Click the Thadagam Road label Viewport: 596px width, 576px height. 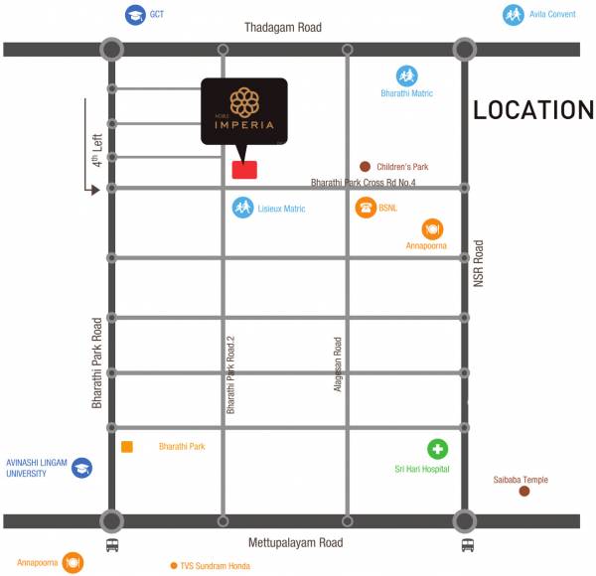pos(283,28)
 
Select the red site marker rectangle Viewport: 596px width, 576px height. pos(244,170)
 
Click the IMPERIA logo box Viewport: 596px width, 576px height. pos(244,110)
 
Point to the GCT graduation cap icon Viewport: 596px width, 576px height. pos(134,15)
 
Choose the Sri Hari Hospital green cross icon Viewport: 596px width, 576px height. pos(438,449)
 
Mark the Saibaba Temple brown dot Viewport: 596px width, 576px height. pos(525,491)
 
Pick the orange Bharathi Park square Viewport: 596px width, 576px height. pos(127,447)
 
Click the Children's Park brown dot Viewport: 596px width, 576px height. pos(366,168)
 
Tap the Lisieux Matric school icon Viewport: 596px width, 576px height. pos(242,208)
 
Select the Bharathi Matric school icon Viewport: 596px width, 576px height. pos(406,75)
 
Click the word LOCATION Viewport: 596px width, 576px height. pos(532,110)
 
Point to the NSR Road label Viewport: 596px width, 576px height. pos(478,263)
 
